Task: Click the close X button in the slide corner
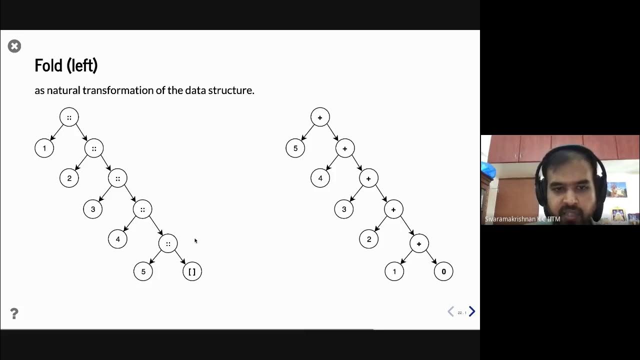(x=14, y=46)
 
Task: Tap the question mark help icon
(x=14, y=313)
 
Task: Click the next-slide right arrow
(x=471, y=312)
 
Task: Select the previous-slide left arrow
(x=450, y=312)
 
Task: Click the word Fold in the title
(x=48, y=65)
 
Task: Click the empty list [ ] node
(x=192, y=271)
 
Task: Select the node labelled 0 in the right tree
(x=443, y=271)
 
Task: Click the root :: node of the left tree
(x=69, y=117)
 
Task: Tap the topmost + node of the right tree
(x=320, y=117)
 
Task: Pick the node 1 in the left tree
(x=44, y=148)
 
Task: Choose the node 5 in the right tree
(x=295, y=148)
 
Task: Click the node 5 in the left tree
(x=143, y=271)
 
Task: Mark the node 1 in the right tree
(x=394, y=271)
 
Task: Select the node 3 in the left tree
(x=92, y=209)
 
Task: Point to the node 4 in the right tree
(x=320, y=178)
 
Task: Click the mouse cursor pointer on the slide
(x=195, y=240)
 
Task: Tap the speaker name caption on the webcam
(x=522, y=219)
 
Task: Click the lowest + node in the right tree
(x=418, y=243)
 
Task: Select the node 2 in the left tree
(x=69, y=178)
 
